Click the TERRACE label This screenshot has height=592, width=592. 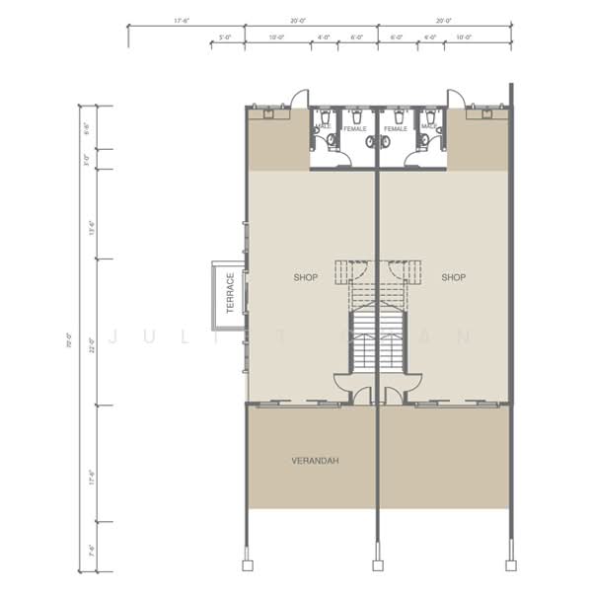[229, 293]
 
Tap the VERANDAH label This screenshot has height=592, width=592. [310, 460]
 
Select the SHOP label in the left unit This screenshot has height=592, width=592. [306, 277]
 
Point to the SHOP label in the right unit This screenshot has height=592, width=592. [453, 277]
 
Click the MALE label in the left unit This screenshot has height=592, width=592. [324, 125]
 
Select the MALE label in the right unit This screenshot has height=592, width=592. [430, 125]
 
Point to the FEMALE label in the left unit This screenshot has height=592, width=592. [354, 129]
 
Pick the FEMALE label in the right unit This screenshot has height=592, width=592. [396, 129]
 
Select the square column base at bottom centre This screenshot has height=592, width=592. [376, 565]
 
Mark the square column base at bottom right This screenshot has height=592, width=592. [509, 565]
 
